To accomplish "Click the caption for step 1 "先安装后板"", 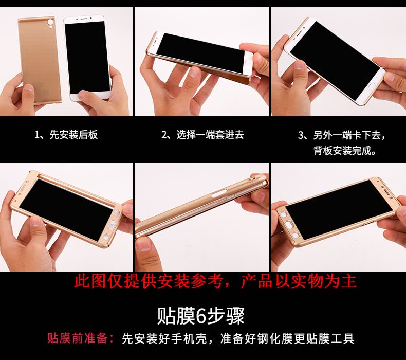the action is [73, 135].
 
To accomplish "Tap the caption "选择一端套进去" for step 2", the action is [210, 135].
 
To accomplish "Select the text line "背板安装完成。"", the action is [345, 150].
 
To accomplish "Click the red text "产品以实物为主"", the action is [299, 281].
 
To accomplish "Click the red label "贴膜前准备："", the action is [81, 338].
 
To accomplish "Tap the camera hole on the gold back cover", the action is [50, 23].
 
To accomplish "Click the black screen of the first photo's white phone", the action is [87, 57].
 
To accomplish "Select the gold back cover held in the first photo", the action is [40, 61].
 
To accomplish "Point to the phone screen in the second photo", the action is [200, 52].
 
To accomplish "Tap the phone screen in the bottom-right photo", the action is [339, 210].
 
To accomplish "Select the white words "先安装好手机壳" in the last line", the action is [164, 338].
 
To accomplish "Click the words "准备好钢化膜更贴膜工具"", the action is [287, 338].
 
